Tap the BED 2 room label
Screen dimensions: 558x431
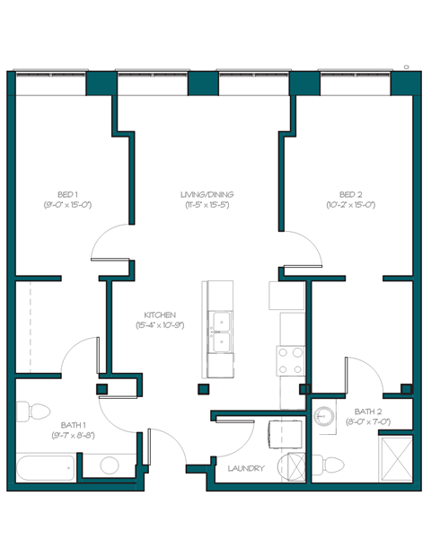350,194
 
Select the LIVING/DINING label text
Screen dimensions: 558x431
207,194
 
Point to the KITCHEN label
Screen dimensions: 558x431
160,314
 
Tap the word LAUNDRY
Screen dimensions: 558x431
246,468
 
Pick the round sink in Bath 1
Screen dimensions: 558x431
109,465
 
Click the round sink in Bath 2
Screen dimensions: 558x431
325,416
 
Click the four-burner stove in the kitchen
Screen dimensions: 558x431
291,361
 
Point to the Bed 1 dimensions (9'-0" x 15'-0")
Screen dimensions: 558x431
67,205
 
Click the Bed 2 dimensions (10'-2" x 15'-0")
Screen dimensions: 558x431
350,205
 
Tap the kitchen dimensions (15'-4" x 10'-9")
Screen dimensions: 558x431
160,325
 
